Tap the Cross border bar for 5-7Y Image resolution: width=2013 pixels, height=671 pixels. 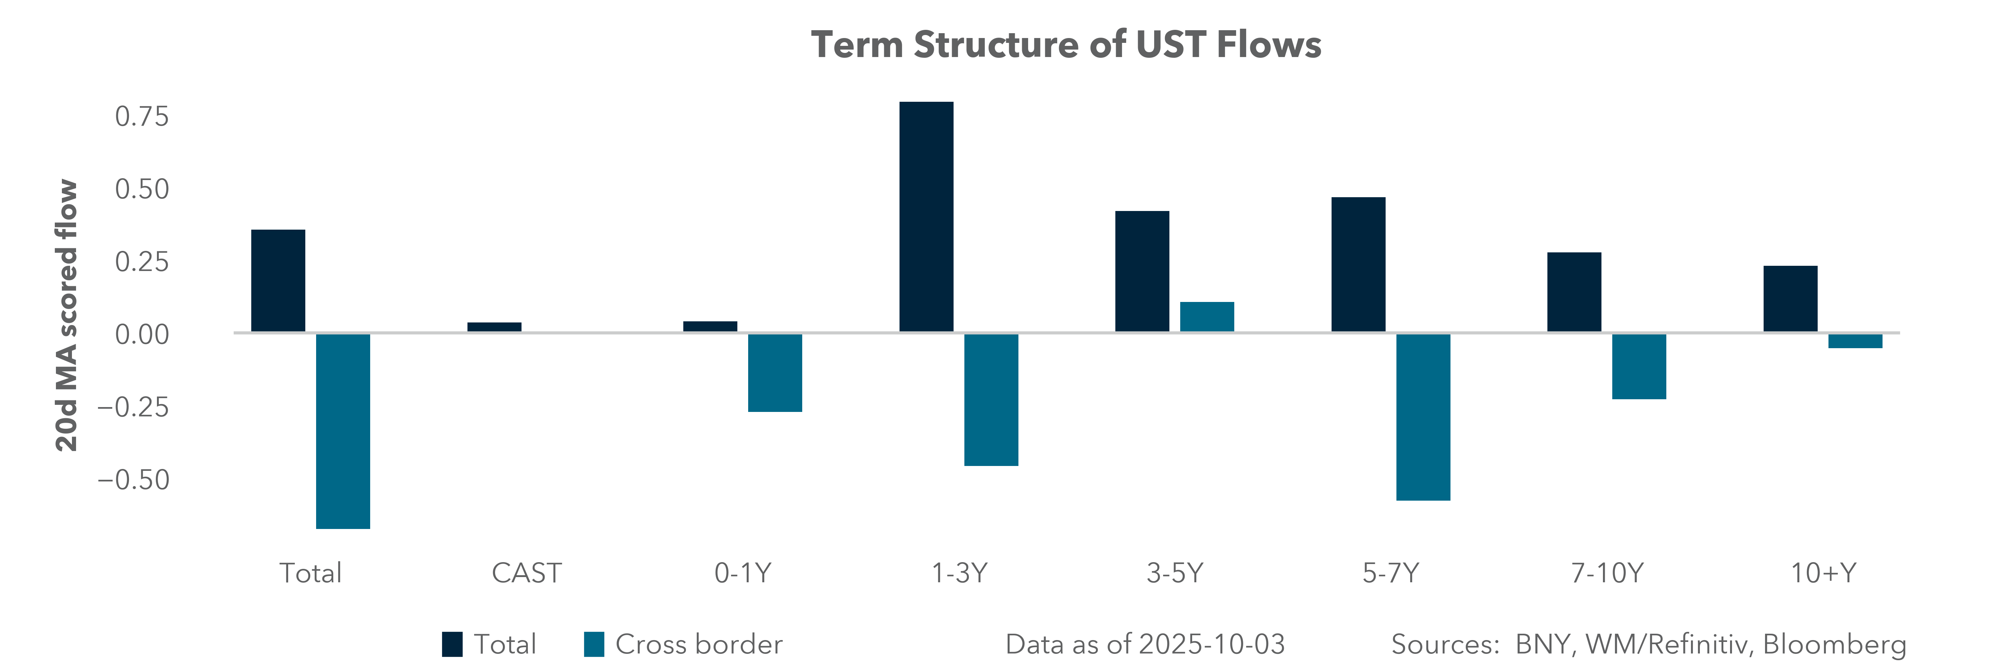(1423, 416)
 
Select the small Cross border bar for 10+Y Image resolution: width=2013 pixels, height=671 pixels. (1855, 341)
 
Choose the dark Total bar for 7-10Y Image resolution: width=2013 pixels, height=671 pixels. (1574, 292)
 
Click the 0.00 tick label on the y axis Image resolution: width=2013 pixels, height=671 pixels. (141, 334)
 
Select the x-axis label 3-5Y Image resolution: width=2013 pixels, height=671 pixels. (1175, 573)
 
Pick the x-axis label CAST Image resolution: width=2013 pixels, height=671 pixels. (526, 573)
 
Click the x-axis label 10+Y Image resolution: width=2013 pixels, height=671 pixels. (1823, 573)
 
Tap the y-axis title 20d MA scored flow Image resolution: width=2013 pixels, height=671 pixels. (67, 316)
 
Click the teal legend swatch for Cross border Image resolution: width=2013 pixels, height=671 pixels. (594, 645)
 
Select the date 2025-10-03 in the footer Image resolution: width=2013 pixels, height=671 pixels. (1211, 645)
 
